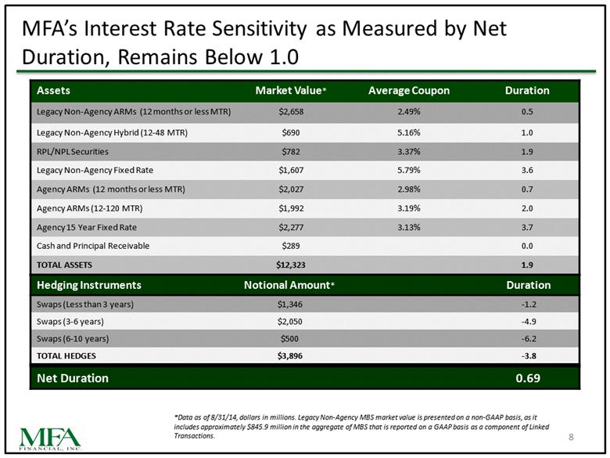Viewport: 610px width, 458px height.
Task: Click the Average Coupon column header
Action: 409,90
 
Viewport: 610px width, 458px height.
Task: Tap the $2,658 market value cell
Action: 291,112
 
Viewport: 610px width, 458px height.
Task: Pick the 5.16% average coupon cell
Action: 409,132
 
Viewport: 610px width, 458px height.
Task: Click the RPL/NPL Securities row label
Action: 73,152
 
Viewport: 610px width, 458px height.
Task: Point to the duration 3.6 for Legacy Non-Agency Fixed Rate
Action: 527,170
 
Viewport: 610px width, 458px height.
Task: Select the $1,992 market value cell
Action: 291,208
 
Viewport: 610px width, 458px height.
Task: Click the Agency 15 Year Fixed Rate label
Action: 86,227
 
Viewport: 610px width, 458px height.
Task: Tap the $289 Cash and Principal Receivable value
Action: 291,246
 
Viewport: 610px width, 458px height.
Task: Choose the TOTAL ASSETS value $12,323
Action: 291,265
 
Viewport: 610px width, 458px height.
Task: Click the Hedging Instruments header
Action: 89,285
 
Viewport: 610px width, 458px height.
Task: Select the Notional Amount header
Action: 289,285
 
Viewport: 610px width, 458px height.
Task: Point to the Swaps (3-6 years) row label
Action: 70,321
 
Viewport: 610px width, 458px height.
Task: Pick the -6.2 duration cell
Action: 529,338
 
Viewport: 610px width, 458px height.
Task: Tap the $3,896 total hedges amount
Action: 290,355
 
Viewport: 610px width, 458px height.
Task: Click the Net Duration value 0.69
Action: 528,378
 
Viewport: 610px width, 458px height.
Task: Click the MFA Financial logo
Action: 50,439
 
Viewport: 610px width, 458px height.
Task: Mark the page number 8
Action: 571,437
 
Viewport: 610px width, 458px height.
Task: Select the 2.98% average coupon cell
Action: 409,189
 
